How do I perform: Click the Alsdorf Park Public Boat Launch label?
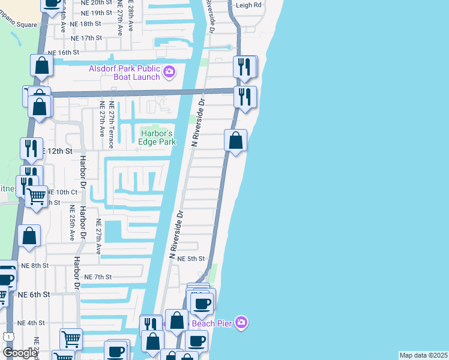click(x=124, y=72)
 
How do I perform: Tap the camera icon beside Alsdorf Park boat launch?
click(x=169, y=72)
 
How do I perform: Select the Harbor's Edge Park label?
click(x=157, y=137)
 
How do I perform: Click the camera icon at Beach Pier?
click(x=241, y=323)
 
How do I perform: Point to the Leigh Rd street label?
click(x=249, y=4)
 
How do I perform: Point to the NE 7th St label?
click(x=98, y=277)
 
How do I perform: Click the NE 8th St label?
click(x=34, y=265)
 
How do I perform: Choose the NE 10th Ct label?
click(x=62, y=192)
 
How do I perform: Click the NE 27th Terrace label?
click(x=112, y=129)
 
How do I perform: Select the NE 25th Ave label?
click(x=71, y=223)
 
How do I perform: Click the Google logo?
click(x=20, y=353)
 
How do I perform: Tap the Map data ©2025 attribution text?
click(x=423, y=355)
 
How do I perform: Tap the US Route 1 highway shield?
click(x=8, y=337)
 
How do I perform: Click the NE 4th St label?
click(x=32, y=323)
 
